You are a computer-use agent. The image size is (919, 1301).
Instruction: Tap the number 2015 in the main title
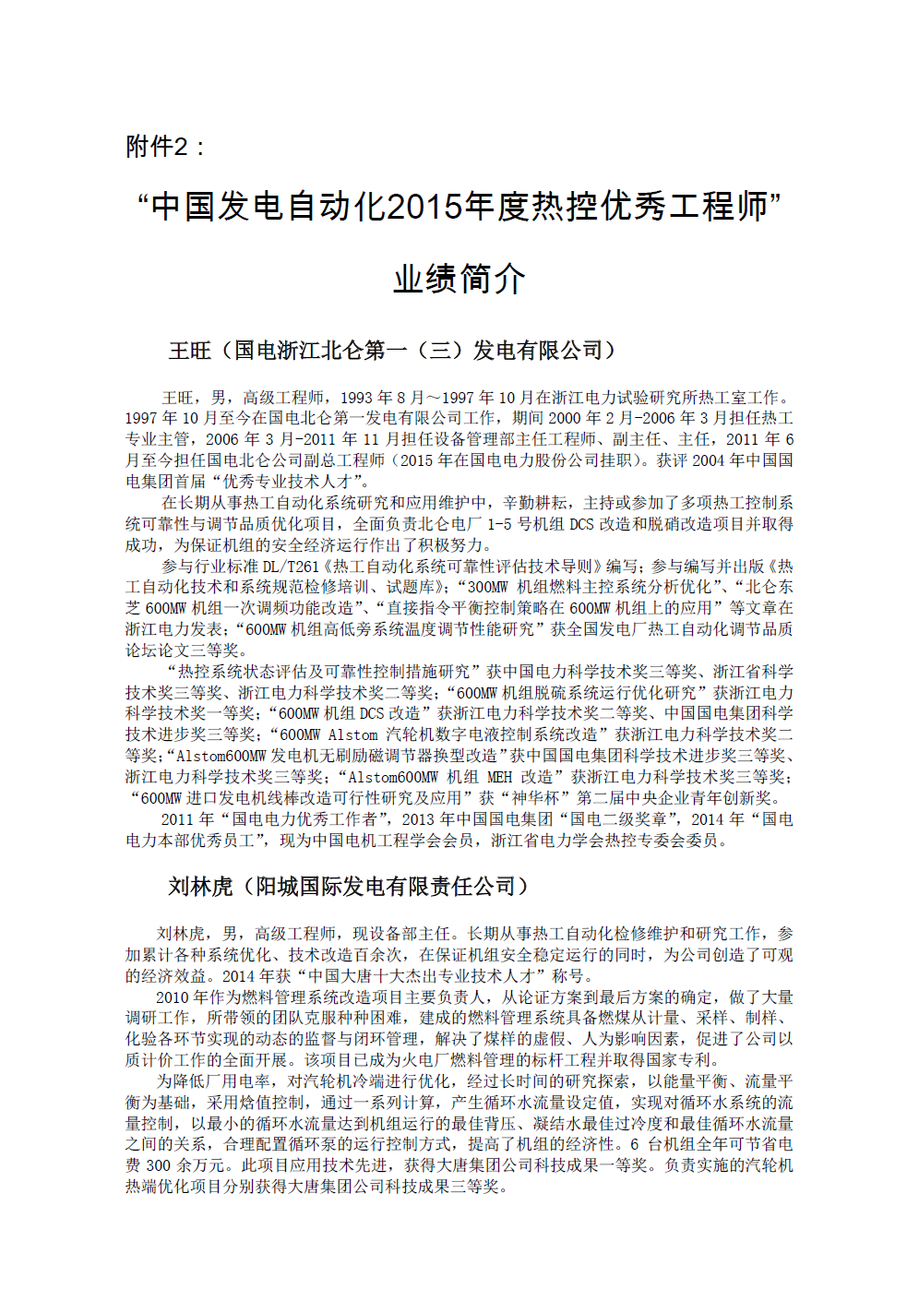(424, 207)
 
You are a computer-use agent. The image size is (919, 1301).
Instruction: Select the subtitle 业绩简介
(459, 279)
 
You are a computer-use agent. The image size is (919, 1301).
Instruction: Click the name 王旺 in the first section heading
(190, 351)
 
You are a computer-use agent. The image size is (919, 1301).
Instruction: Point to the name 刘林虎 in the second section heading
(200, 887)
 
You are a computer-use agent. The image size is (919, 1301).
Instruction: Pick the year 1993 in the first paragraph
(358, 398)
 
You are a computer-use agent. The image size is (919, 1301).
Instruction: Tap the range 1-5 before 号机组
(499, 524)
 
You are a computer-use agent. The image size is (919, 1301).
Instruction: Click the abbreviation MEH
(499, 777)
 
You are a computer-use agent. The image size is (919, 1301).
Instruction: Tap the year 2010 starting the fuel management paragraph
(173, 997)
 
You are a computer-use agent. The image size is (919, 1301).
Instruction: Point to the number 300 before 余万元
(159, 1165)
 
